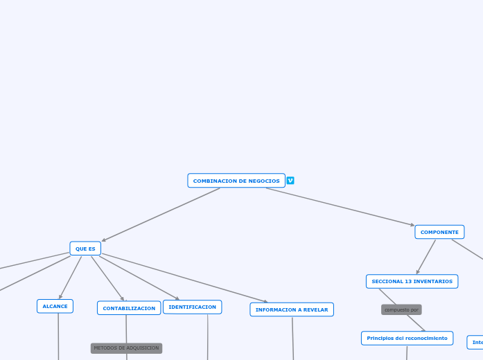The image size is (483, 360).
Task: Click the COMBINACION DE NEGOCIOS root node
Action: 236,181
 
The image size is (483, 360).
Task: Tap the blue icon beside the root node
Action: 290,181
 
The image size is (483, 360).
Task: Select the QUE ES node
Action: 85,249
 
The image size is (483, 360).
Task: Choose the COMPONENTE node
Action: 439,232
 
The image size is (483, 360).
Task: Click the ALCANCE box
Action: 55,306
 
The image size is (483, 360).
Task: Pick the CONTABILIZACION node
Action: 129,308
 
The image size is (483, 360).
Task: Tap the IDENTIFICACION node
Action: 192,307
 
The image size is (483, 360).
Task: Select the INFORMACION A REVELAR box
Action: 292,309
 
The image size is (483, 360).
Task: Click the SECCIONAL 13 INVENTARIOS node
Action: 412,281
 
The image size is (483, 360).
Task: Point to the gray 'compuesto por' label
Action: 401,309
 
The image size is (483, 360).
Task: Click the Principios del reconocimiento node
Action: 407,338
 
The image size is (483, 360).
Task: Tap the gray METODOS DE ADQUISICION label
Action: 126,348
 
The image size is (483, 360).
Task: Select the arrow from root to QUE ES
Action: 161,215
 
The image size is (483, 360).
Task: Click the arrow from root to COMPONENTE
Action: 340,206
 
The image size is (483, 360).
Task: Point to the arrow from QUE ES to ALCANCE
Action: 70,278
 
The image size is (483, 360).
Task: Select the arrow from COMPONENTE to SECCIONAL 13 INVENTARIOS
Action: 426,257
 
